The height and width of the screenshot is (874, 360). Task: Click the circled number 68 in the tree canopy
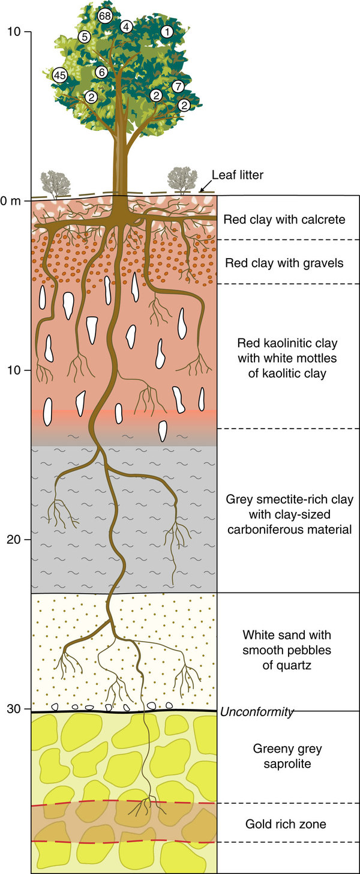(105, 16)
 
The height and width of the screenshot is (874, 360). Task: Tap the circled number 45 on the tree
(59, 75)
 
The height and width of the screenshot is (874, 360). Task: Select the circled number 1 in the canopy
(167, 31)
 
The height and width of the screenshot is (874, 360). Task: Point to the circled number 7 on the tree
(178, 86)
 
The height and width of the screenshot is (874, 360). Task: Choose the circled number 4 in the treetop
(126, 26)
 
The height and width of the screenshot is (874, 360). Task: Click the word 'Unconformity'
(257, 713)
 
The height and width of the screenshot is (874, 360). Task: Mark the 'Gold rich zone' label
(286, 824)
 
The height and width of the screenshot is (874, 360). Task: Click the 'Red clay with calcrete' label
(284, 219)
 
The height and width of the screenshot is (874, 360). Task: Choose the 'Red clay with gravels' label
(284, 262)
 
